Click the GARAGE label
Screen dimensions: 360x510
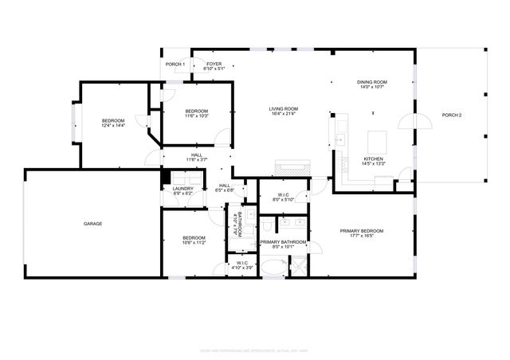pos(92,224)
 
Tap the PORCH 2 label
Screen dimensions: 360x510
pos(452,115)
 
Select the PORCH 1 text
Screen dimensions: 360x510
pos(175,64)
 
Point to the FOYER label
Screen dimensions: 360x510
pos(214,64)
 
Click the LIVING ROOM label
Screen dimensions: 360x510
pos(283,108)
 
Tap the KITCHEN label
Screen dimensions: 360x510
pos(374,158)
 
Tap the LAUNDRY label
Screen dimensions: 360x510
pos(182,189)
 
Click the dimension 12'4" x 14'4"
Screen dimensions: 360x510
pos(112,125)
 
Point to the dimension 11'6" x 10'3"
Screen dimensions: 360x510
pos(197,116)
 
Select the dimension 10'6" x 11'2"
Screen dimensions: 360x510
pos(194,242)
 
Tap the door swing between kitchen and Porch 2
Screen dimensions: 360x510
pos(405,123)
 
